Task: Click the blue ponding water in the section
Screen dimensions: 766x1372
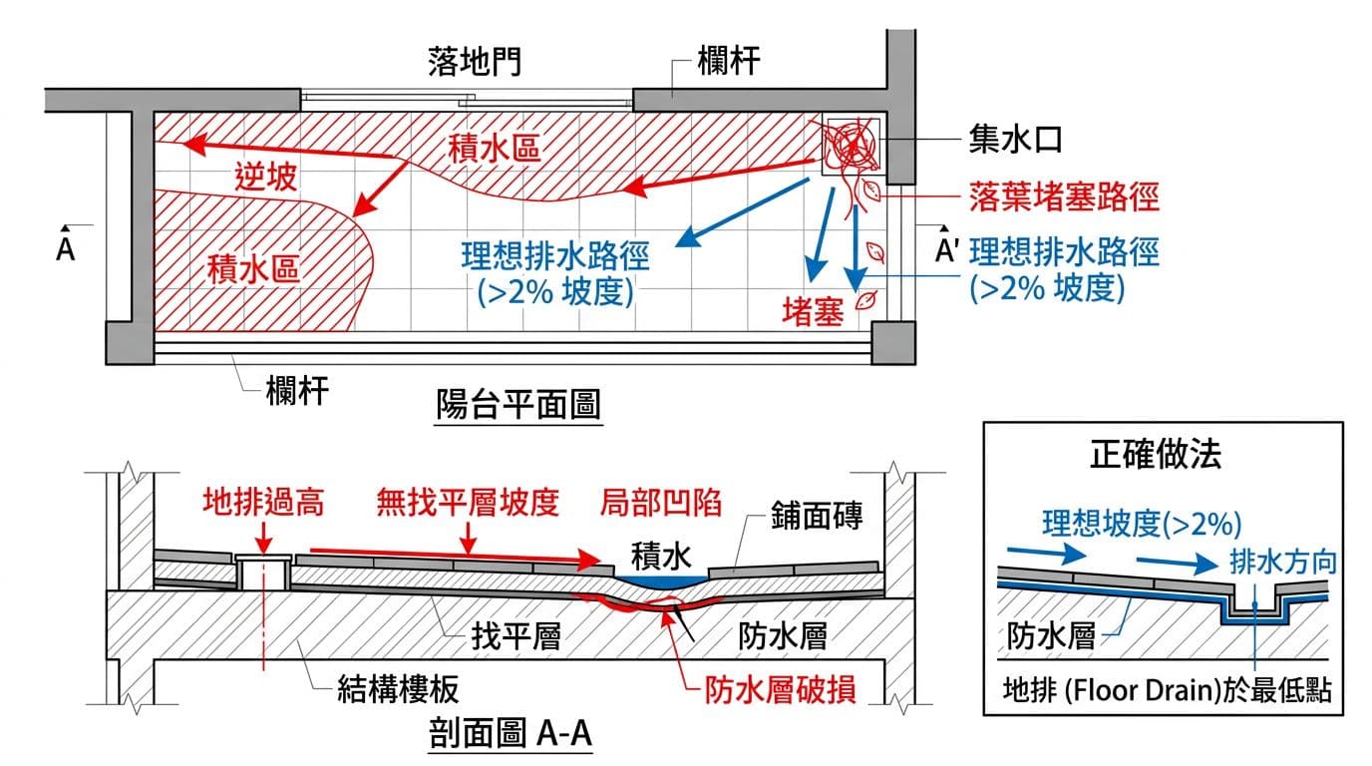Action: click(x=659, y=577)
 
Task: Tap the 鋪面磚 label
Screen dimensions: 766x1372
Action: click(x=815, y=517)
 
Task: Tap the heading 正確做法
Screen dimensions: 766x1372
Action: click(x=1157, y=455)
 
